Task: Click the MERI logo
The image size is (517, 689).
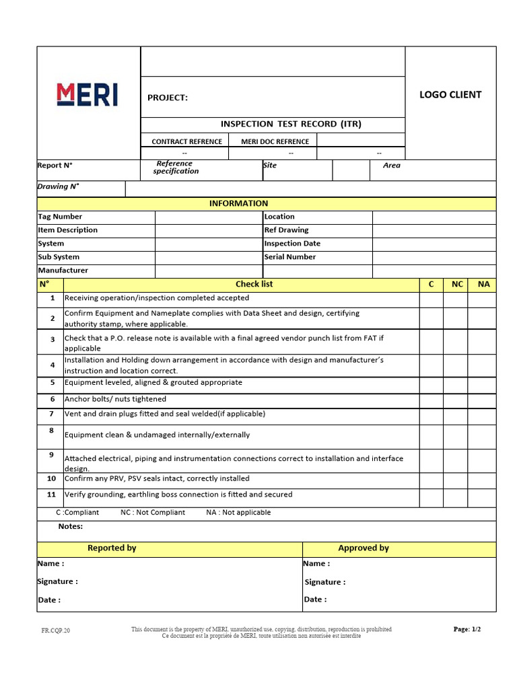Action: point(88,95)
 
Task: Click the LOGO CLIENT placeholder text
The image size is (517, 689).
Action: point(450,95)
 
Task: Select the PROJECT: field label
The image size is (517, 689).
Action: point(168,98)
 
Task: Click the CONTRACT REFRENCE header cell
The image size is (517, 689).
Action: point(186,142)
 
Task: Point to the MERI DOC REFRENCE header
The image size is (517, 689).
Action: point(275,142)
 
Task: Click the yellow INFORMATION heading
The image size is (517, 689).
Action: point(238,204)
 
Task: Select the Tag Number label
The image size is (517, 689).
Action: point(60,217)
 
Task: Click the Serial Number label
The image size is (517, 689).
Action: point(289,257)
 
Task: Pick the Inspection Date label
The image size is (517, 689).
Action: point(292,244)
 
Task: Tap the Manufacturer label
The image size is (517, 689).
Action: point(63,270)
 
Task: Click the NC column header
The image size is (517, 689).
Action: point(457,285)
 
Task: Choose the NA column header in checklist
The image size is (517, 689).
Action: point(483,285)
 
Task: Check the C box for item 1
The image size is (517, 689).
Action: point(431,299)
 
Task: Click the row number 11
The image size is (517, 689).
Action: point(51,495)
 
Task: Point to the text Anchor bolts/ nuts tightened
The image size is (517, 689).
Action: point(116,399)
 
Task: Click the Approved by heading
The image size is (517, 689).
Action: point(364,548)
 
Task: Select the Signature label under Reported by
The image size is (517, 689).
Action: point(57,581)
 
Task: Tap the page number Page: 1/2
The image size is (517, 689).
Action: point(467,630)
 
